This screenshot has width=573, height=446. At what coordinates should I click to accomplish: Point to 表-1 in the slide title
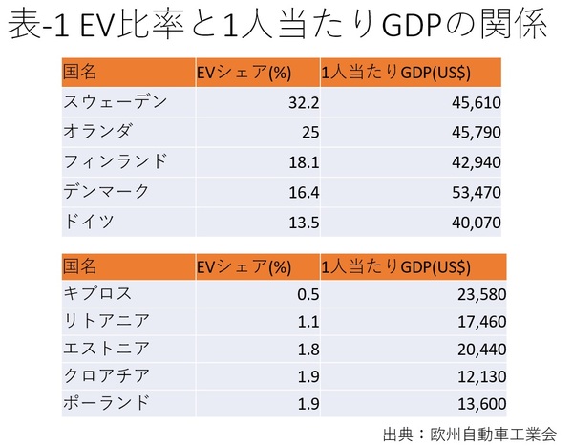tap(41, 27)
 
